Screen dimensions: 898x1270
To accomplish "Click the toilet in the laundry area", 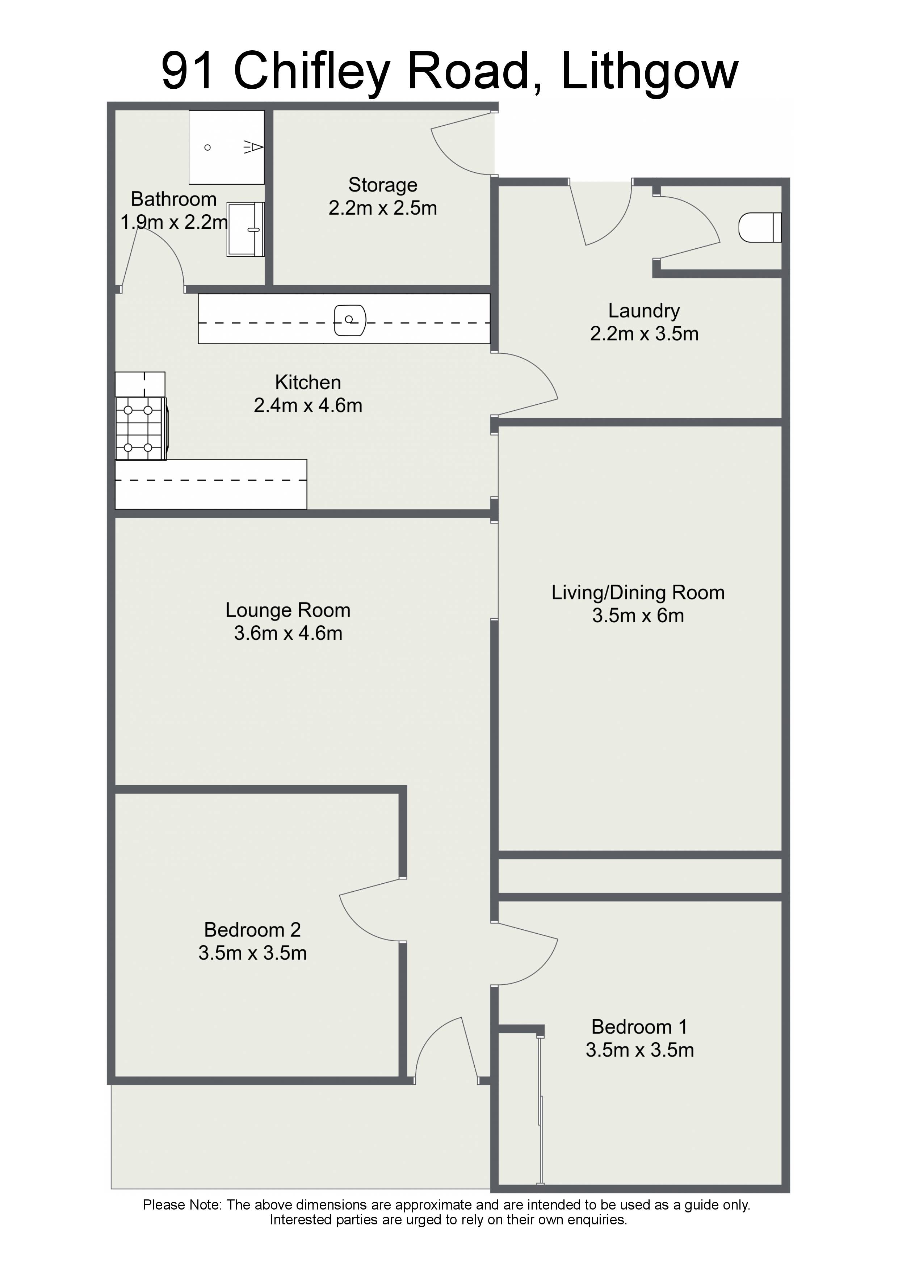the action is coord(760,227).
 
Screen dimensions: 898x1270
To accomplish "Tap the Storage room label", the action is coord(383,185).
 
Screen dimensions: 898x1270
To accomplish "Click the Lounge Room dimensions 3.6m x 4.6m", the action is coord(288,633).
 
